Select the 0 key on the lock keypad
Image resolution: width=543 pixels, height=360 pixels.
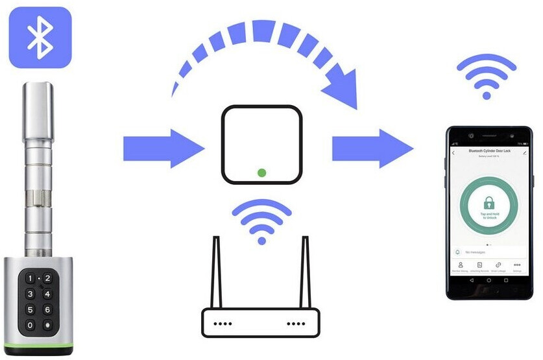(x=29, y=325)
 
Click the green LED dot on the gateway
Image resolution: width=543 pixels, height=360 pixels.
(x=261, y=173)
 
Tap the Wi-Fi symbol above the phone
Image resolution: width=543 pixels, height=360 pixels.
(x=487, y=78)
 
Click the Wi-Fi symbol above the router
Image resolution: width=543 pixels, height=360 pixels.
(x=261, y=221)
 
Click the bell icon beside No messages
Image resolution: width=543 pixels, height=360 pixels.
(x=457, y=251)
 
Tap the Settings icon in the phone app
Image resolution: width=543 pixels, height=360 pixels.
(x=517, y=265)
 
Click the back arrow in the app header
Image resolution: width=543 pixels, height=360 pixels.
(x=453, y=152)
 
